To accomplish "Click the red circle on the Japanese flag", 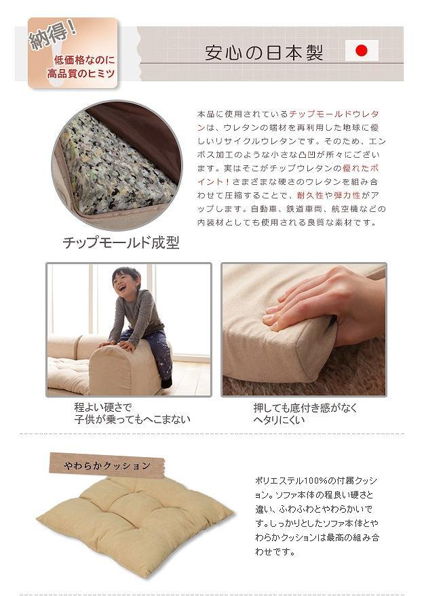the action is click(x=361, y=51).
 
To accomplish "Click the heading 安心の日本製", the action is click(x=264, y=52).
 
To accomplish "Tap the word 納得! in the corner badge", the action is click(x=54, y=36).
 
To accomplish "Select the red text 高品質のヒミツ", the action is click(x=81, y=73).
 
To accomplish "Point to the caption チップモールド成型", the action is click(x=121, y=242).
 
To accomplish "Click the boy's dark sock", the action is click(x=166, y=382).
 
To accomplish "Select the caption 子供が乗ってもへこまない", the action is click(x=132, y=420).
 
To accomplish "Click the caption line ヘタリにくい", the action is click(x=279, y=420).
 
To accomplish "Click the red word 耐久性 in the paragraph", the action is click(x=309, y=195).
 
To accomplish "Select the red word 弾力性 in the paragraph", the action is click(x=347, y=195).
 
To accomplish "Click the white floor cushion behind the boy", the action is click(x=69, y=375).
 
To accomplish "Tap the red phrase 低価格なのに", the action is click(x=84, y=60).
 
